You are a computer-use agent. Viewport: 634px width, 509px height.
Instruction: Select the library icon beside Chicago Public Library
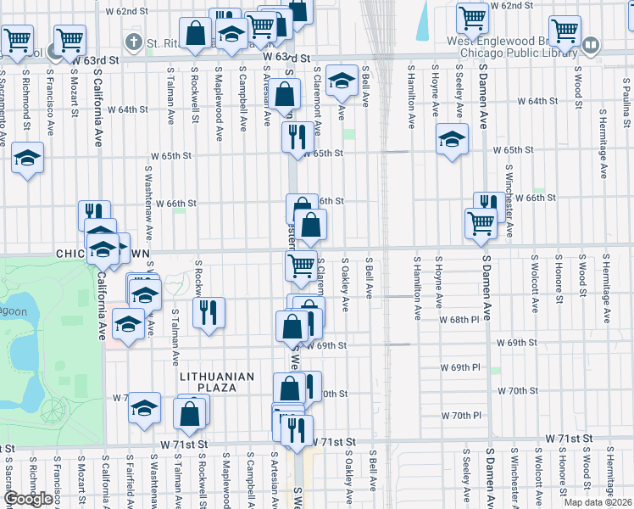[592, 43]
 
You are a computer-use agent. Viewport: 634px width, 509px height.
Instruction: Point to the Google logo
[27, 499]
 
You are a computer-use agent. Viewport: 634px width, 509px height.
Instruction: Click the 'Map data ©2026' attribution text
[598, 502]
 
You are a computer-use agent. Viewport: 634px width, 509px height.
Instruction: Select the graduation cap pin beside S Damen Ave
[452, 137]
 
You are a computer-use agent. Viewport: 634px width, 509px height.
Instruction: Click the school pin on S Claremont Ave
[341, 81]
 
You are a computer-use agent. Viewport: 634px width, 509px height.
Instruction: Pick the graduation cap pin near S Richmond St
[28, 157]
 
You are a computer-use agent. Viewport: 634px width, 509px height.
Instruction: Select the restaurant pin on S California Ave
[94, 214]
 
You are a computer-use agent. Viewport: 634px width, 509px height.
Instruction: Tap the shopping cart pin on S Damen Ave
[481, 222]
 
